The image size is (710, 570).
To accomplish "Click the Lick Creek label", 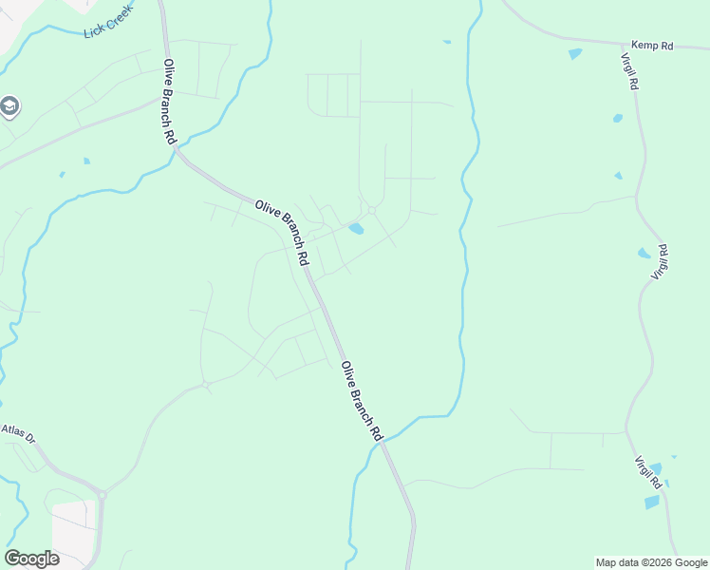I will [x=106, y=20].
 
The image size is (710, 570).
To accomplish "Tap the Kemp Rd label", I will [x=652, y=46].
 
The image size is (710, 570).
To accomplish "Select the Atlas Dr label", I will [x=17, y=434].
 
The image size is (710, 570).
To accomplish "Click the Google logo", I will [x=31, y=559].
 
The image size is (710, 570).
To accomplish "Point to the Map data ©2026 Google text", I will [x=652, y=562].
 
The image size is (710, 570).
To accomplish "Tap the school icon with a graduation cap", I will [x=9, y=106].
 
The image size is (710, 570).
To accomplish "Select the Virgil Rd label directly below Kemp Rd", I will [x=629, y=69].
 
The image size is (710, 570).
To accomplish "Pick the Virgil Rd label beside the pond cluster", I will [x=661, y=261].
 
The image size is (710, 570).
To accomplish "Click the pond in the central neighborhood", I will [x=356, y=229].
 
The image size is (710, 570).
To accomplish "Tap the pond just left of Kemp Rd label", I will [x=575, y=54].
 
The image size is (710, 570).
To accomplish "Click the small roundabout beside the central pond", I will [x=372, y=210].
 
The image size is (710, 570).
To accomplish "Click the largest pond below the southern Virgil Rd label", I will [x=652, y=502].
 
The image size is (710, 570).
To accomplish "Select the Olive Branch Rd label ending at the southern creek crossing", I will [x=361, y=400].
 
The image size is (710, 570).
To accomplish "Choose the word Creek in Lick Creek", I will [x=119, y=16].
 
